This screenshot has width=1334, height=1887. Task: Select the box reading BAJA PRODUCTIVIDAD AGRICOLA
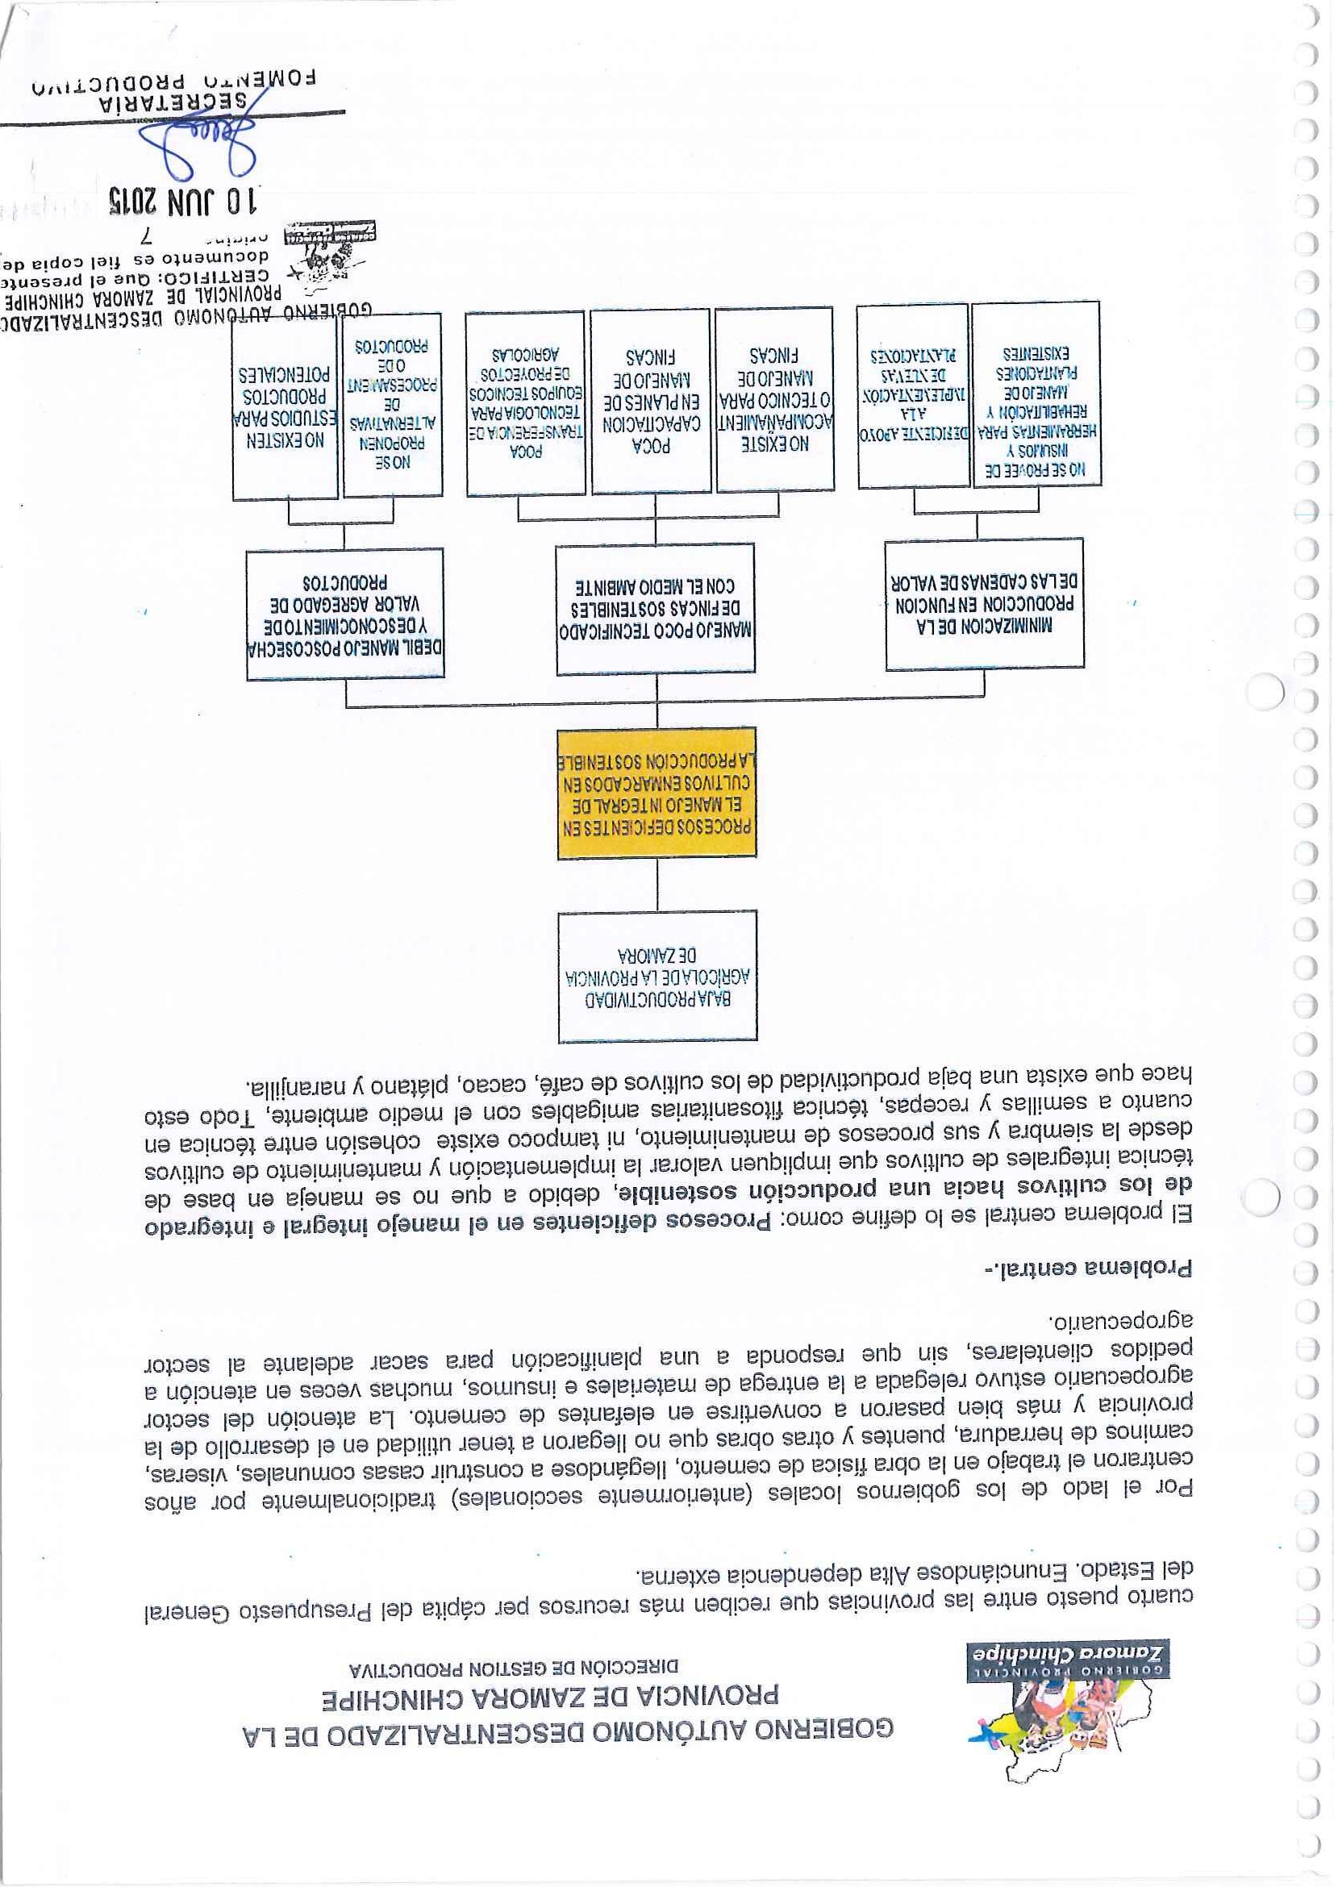click(657, 977)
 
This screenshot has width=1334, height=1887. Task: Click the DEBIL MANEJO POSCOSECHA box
click(345, 613)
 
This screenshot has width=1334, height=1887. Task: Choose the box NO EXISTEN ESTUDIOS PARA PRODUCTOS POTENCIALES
click(286, 406)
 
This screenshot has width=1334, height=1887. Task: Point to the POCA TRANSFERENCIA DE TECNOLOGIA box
click(526, 402)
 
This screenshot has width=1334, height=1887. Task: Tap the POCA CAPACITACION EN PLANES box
click(650, 401)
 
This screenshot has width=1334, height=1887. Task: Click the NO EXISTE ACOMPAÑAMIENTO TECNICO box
click(774, 400)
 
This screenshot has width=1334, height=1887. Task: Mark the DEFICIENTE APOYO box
click(912, 396)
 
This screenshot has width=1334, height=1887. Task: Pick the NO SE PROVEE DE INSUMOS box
click(1036, 394)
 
